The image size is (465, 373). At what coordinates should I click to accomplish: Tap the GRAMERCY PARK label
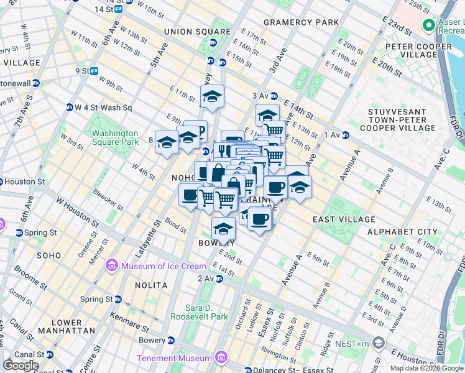pyautogui.click(x=301, y=22)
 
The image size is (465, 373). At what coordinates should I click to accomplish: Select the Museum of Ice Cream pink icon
pyautogui.click(x=112, y=266)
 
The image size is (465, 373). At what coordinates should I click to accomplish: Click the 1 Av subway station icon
pyautogui.click(x=345, y=135)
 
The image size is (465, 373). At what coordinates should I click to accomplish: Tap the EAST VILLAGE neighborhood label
pyautogui.click(x=344, y=219)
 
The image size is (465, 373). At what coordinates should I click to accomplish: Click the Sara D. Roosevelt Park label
pyautogui.click(x=207, y=312)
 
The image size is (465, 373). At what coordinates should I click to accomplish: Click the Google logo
pyautogui.click(x=21, y=366)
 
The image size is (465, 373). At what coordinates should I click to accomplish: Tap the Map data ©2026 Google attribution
pyautogui.click(x=426, y=368)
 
